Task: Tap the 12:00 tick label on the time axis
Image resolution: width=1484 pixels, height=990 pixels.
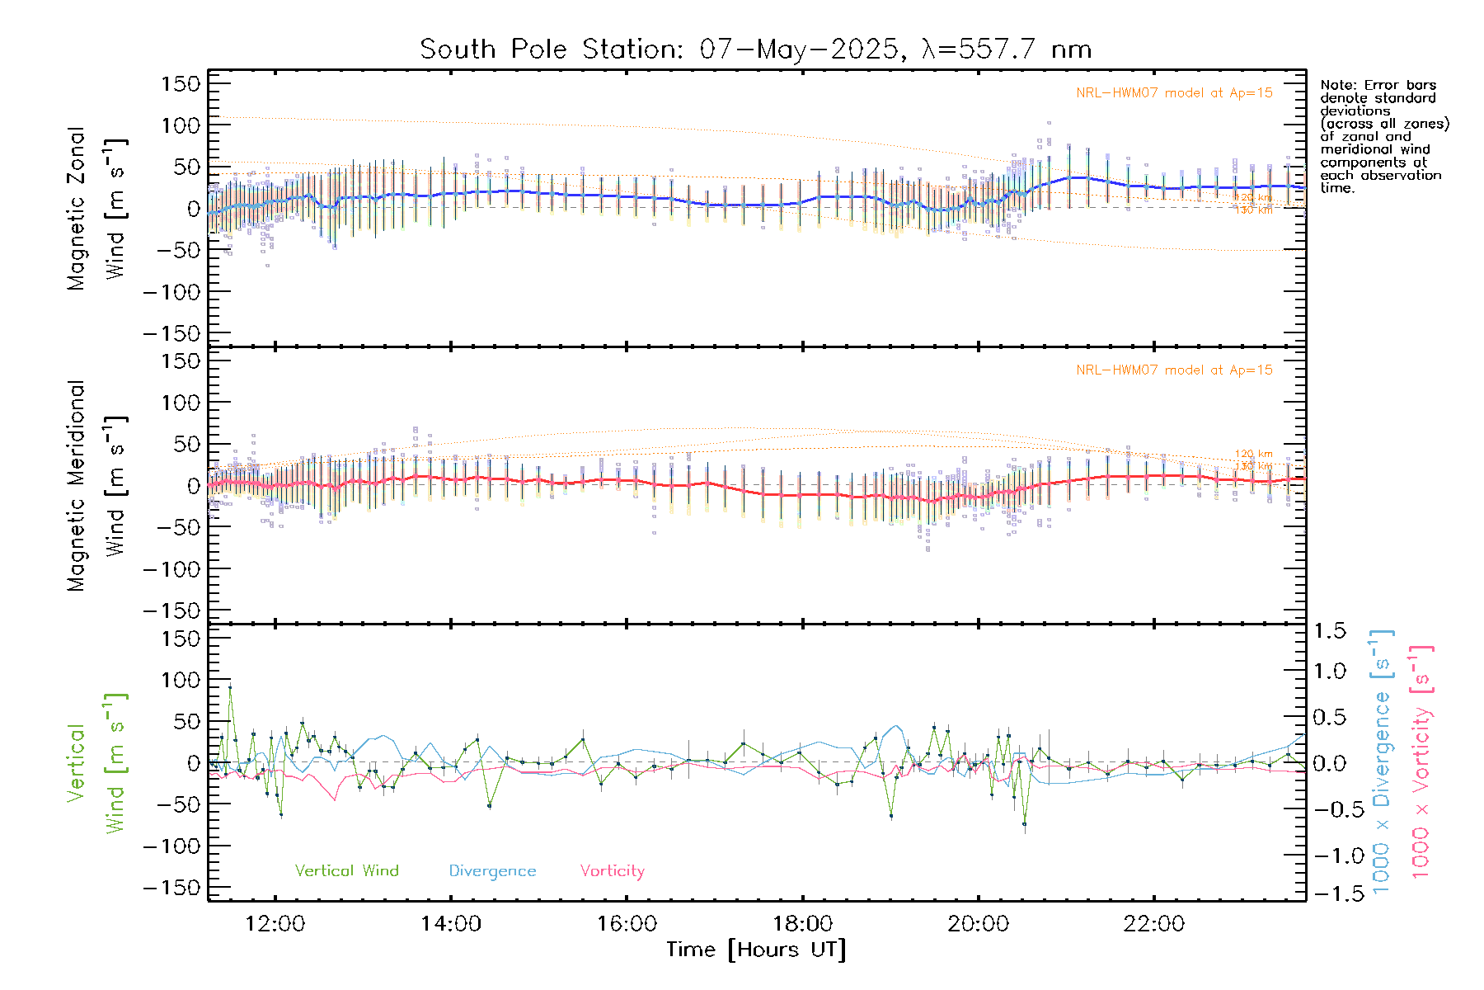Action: pos(275,924)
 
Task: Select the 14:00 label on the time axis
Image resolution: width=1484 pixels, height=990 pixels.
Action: pos(450,924)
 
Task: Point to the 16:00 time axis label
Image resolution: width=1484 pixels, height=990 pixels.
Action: pos(627,924)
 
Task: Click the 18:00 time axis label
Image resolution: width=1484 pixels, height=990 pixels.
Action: pos(802,924)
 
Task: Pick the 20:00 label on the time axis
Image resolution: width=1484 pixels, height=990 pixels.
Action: pos(978,924)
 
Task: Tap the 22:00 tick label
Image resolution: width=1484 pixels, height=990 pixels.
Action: pos(1153,924)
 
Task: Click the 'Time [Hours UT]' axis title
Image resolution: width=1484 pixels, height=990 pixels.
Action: pos(756,950)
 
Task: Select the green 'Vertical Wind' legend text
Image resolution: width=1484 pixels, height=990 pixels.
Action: pos(346,871)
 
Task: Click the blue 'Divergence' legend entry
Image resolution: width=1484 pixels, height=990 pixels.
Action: pos(492,871)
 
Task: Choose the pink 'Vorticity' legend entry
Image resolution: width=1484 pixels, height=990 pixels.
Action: pos(612,871)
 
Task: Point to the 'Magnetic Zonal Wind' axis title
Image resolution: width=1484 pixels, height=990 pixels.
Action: pos(97,209)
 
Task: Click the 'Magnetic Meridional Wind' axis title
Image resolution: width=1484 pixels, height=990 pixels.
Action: pos(97,486)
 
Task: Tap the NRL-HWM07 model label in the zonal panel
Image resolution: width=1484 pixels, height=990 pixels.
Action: pos(1174,93)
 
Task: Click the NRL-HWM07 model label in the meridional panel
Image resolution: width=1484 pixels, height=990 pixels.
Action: pos(1174,370)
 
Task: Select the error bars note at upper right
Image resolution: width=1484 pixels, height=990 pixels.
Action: pos(1384,136)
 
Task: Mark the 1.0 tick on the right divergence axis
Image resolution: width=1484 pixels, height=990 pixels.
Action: pos(1330,671)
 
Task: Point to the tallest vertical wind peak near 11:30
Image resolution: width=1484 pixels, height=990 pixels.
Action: pos(230,686)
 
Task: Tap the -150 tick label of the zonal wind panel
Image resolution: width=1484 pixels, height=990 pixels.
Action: pos(171,334)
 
